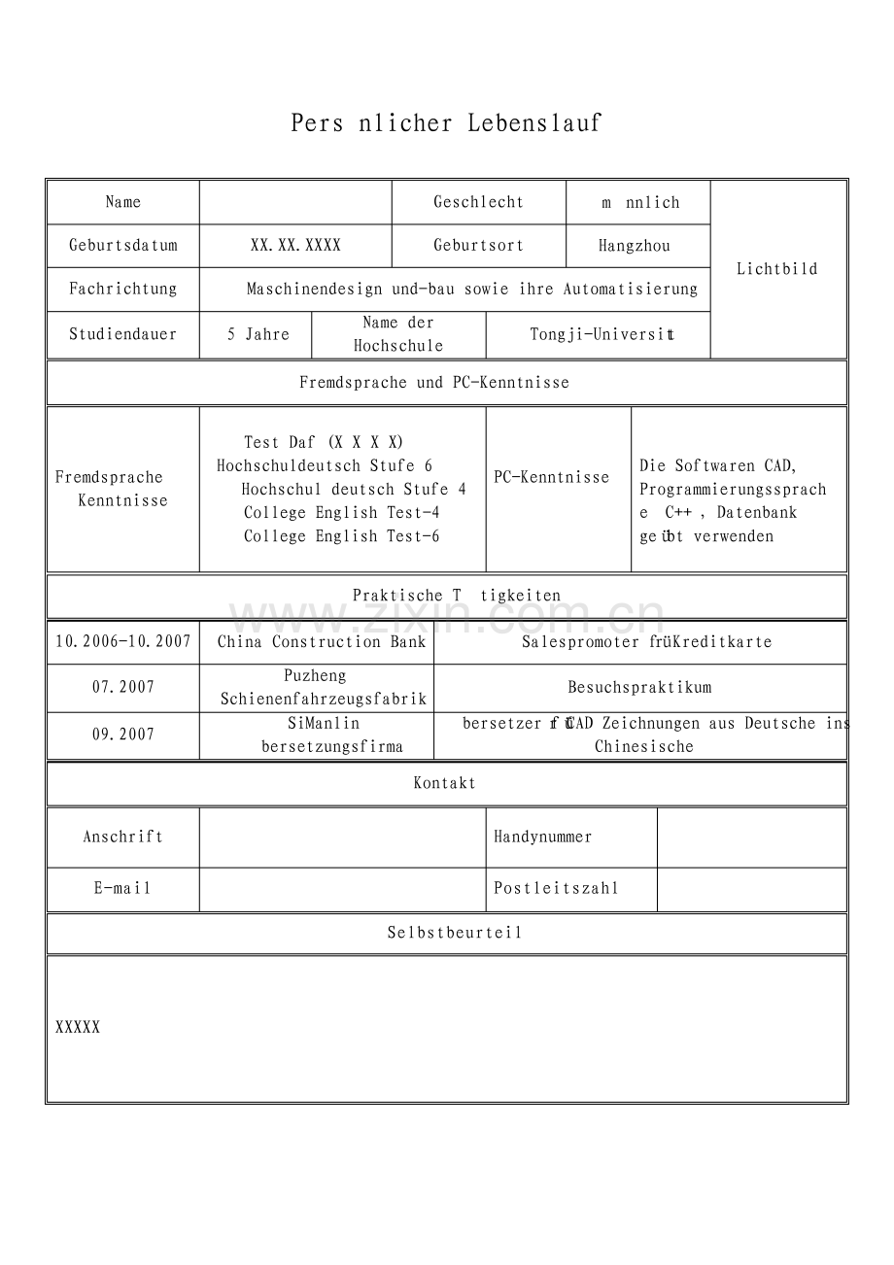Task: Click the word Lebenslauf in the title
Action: [534, 123]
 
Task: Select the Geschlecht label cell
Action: [478, 202]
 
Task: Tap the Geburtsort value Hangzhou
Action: [634, 246]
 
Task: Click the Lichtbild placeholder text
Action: [776, 269]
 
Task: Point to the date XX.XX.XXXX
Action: [295, 246]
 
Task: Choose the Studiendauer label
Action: [123, 334]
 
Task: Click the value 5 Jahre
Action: [258, 334]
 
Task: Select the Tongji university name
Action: [602, 334]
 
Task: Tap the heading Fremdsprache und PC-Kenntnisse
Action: [434, 383]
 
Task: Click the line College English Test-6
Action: [341, 536]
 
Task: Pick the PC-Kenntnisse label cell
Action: [551, 477]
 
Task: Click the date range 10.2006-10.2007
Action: [123, 641]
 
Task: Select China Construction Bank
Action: [322, 641]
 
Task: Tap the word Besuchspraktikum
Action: [639, 688]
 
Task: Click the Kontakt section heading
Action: [445, 783]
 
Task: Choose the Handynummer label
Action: [542, 837]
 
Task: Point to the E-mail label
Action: [123, 888]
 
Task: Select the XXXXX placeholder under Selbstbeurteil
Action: [78, 1027]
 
